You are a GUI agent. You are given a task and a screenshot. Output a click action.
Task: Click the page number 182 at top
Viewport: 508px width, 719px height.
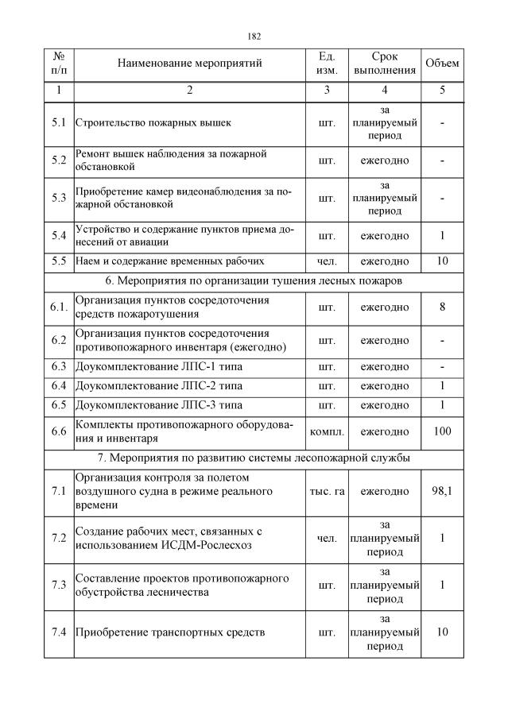point(254,37)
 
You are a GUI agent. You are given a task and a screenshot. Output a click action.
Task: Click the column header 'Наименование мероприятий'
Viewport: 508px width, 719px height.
point(189,64)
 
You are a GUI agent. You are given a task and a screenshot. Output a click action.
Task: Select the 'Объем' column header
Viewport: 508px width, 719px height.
point(442,64)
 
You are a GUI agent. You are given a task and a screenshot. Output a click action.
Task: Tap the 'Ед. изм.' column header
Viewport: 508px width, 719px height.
point(327,64)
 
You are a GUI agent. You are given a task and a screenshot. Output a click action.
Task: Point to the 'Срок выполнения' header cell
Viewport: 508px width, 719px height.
point(385,64)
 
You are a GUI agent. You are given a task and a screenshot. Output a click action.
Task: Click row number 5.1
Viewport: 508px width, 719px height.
point(58,123)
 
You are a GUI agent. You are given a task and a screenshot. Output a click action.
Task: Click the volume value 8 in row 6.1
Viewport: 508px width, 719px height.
point(442,307)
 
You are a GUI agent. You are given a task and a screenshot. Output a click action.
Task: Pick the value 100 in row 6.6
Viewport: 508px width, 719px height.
point(442,431)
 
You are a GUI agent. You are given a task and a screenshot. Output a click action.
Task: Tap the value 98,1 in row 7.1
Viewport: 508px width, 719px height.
point(442,492)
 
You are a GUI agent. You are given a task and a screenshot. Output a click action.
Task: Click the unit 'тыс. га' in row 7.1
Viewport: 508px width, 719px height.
point(327,492)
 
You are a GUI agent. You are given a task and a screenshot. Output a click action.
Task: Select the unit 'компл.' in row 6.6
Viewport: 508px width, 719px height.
point(327,431)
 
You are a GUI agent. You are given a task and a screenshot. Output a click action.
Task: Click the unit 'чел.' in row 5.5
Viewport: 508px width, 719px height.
point(327,261)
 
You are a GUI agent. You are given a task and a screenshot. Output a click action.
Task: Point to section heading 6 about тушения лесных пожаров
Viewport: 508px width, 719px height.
point(254,280)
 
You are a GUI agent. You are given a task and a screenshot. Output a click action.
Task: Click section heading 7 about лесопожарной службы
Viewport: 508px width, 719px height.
point(254,458)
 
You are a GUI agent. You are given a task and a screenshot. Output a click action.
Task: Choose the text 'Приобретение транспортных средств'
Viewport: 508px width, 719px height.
point(169,633)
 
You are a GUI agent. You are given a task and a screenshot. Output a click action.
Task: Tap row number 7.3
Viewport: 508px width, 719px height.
point(58,585)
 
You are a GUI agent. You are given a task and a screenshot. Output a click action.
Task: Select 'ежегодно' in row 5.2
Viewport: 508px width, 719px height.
point(385,160)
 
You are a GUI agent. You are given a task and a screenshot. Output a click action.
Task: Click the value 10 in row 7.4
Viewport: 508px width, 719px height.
point(442,632)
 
